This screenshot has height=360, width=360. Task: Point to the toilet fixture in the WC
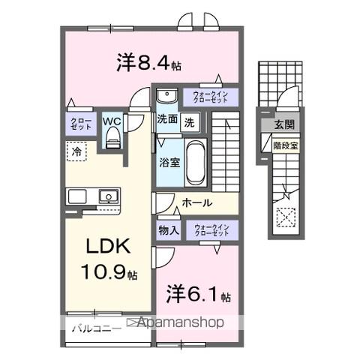click(113, 135)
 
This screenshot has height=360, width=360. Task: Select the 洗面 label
click(167, 118)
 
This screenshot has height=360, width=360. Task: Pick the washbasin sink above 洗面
click(166, 95)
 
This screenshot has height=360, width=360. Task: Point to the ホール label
click(196, 202)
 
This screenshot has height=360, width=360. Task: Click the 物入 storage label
click(167, 230)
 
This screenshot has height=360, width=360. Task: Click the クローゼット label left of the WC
click(81, 124)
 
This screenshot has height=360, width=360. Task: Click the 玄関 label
click(283, 125)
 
